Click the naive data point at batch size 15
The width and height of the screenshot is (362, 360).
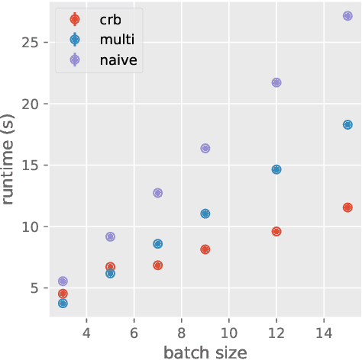[x=347, y=16]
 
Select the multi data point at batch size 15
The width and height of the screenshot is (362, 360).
[x=347, y=124]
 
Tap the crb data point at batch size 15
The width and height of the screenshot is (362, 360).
[x=347, y=207]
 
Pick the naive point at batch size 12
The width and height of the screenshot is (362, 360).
[x=276, y=82]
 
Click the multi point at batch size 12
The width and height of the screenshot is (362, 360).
[x=276, y=169]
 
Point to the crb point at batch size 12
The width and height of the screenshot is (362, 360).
[x=276, y=231]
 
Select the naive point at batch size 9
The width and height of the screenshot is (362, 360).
[x=205, y=149]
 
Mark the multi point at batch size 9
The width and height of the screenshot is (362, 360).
[x=205, y=214]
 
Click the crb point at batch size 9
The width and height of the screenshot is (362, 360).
[x=205, y=249]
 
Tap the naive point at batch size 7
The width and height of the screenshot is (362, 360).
[x=158, y=193]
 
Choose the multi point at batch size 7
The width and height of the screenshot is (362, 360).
[x=158, y=244]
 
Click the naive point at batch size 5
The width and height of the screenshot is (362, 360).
[x=110, y=237]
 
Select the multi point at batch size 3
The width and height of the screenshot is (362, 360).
[x=63, y=304]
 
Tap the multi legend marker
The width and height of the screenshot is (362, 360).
[x=74, y=40]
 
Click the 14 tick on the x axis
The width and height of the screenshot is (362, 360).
[x=324, y=333]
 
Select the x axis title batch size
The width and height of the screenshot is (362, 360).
[x=205, y=352]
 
